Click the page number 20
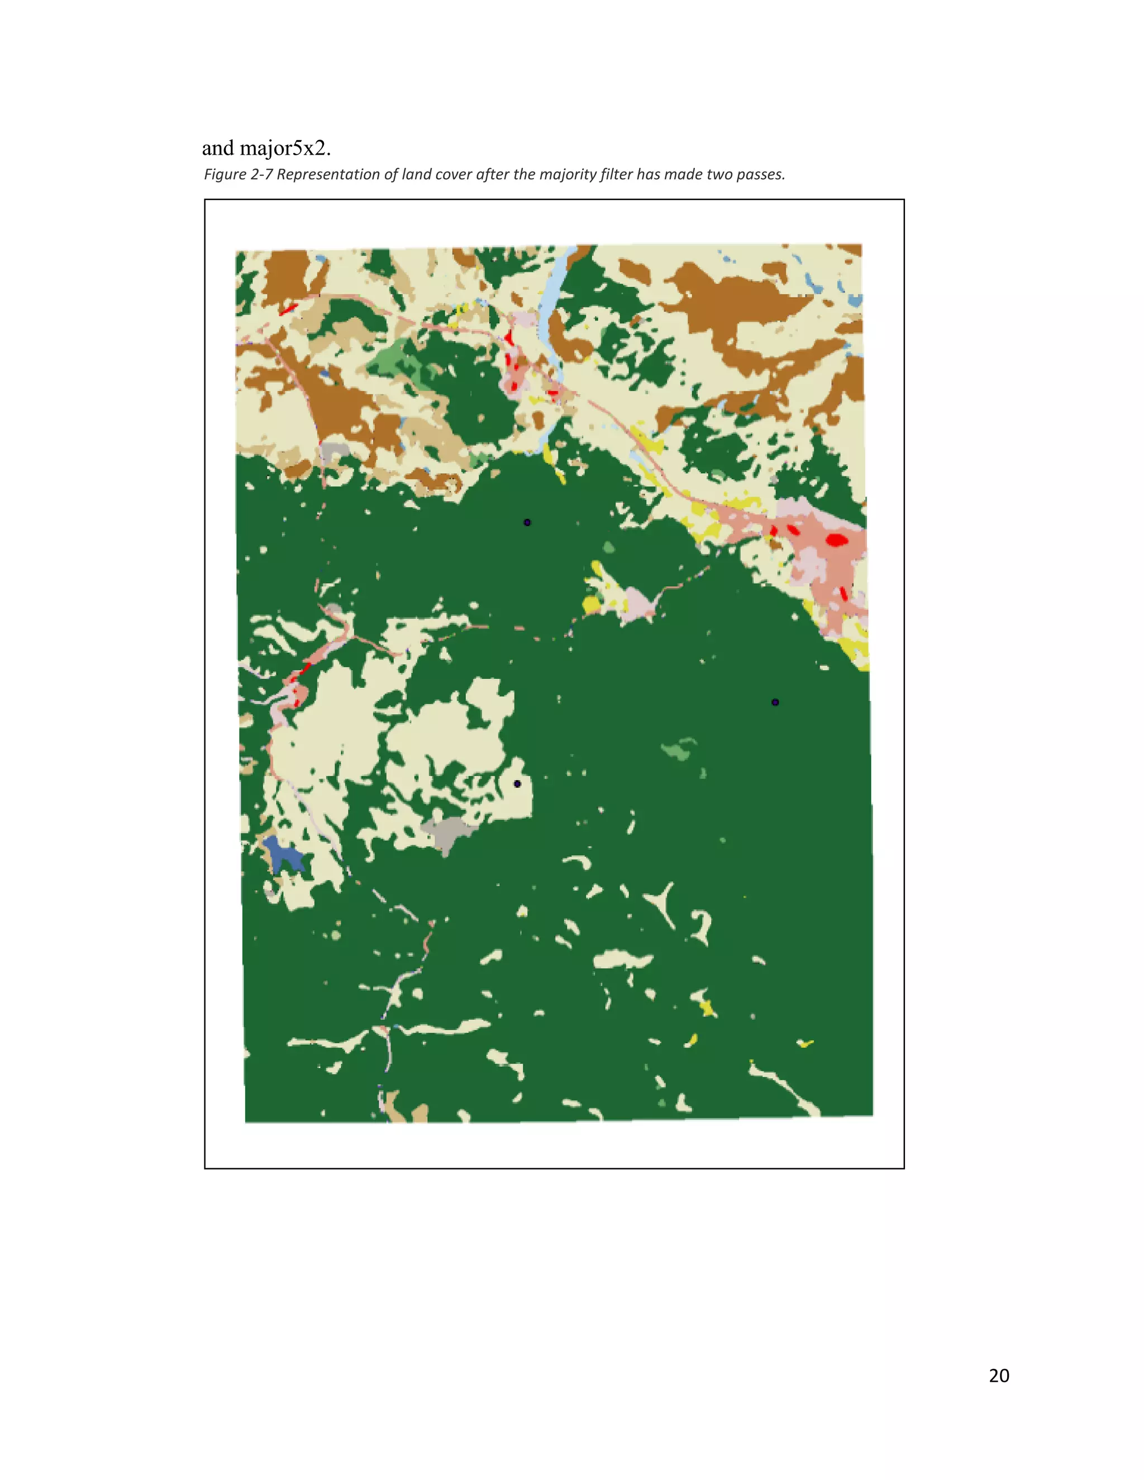(x=998, y=1375)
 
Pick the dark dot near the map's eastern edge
(x=775, y=702)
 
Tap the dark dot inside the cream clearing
(x=517, y=784)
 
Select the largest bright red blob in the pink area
(x=836, y=540)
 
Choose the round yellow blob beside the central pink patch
(x=591, y=603)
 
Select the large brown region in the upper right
(x=738, y=305)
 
